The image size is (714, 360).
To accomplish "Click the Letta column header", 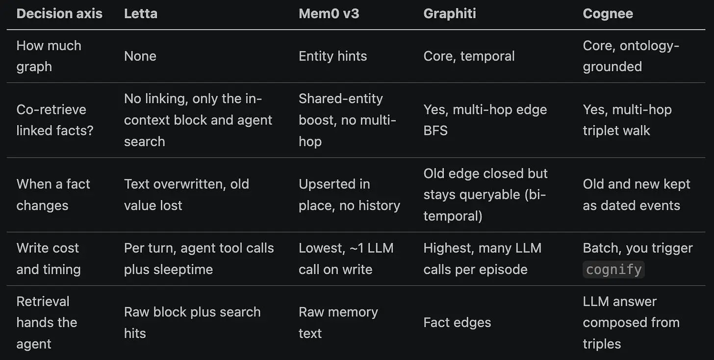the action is click(x=141, y=14).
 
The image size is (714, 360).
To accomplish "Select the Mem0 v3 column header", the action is click(x=329, y=14).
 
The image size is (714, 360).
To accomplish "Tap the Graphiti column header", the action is click(x=449, y=14).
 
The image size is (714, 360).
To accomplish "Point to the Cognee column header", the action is click(x=608, y=14).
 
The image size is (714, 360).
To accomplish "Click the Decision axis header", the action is click(x=59, y=14).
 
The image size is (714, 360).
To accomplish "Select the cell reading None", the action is click(x=140, y=56).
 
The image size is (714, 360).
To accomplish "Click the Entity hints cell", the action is click(x=333, y=56).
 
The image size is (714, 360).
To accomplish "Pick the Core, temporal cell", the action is click(x=469, y=56).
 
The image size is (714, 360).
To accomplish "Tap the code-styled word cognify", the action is click(x=613, y=270).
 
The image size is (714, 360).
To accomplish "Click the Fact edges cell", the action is click(x=457, y=323).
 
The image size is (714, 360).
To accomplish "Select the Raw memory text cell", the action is click(x=338, y=323).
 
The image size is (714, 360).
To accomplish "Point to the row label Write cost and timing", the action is click(x=49, y=259).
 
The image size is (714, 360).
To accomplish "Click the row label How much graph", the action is click(x=49, y=56).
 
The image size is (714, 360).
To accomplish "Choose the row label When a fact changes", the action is click(x=53, y=195).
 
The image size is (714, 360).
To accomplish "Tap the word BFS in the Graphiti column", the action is click(x=435, y=131).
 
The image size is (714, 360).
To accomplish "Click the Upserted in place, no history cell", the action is click(x=349, y=195).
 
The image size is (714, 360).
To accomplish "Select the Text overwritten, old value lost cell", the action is click(x=186, y=195).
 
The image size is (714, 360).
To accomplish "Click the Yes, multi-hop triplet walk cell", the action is click(x=627, y=120).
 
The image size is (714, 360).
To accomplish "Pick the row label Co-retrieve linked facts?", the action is click(x=55, y=120).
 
